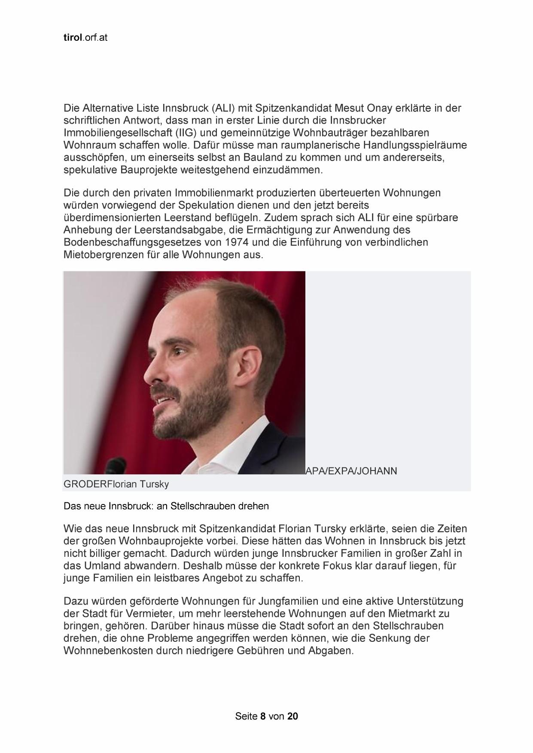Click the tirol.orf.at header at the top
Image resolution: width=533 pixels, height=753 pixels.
coord(85,38)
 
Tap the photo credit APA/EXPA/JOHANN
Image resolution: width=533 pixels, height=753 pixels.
coord(351,471)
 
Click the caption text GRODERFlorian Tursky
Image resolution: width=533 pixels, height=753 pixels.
coord(116,484)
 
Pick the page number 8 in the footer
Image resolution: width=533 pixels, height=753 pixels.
coord(263,716)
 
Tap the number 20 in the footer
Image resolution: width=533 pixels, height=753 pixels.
coord(292,716)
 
